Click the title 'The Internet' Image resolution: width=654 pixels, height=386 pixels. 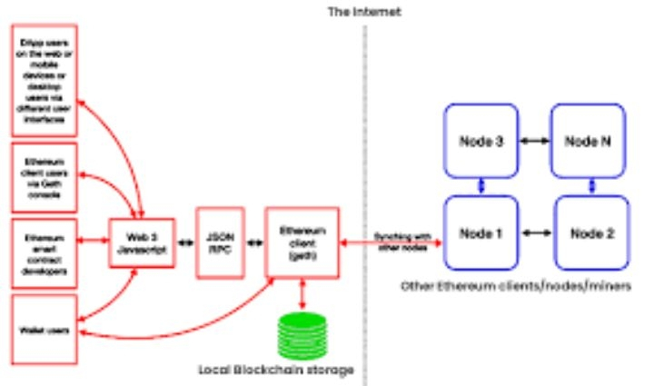tap(364, 13)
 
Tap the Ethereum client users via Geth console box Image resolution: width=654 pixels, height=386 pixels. tap(44, 174)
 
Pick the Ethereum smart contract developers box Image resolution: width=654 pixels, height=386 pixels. tap(44, 242)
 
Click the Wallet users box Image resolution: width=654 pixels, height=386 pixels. tap(44, 327)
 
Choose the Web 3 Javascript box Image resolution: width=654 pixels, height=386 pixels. tap(142, 242)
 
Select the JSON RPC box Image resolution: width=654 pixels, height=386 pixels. tap(220, 241)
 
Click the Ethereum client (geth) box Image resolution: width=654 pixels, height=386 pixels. tap(301, 241)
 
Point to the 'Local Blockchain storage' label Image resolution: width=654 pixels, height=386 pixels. tap(275, 371)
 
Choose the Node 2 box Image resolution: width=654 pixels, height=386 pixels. tap(592, 233)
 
